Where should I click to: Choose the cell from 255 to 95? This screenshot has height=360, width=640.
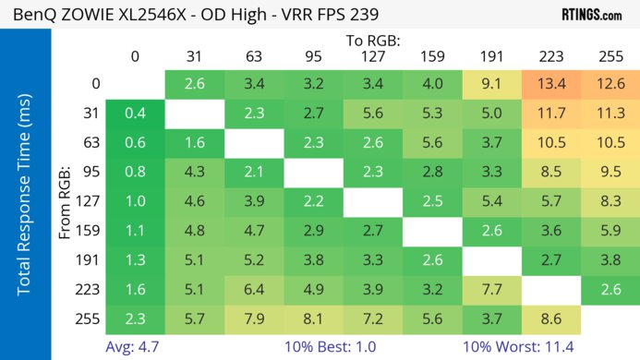[312, 319]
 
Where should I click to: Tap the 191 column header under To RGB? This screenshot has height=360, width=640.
[491, 56]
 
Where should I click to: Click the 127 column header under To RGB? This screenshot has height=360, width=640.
[372, 56]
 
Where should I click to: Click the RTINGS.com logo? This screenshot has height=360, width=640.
[591, 16]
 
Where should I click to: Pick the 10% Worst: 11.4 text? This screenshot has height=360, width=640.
[520, 346]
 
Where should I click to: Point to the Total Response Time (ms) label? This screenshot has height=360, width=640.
[25, 195]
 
